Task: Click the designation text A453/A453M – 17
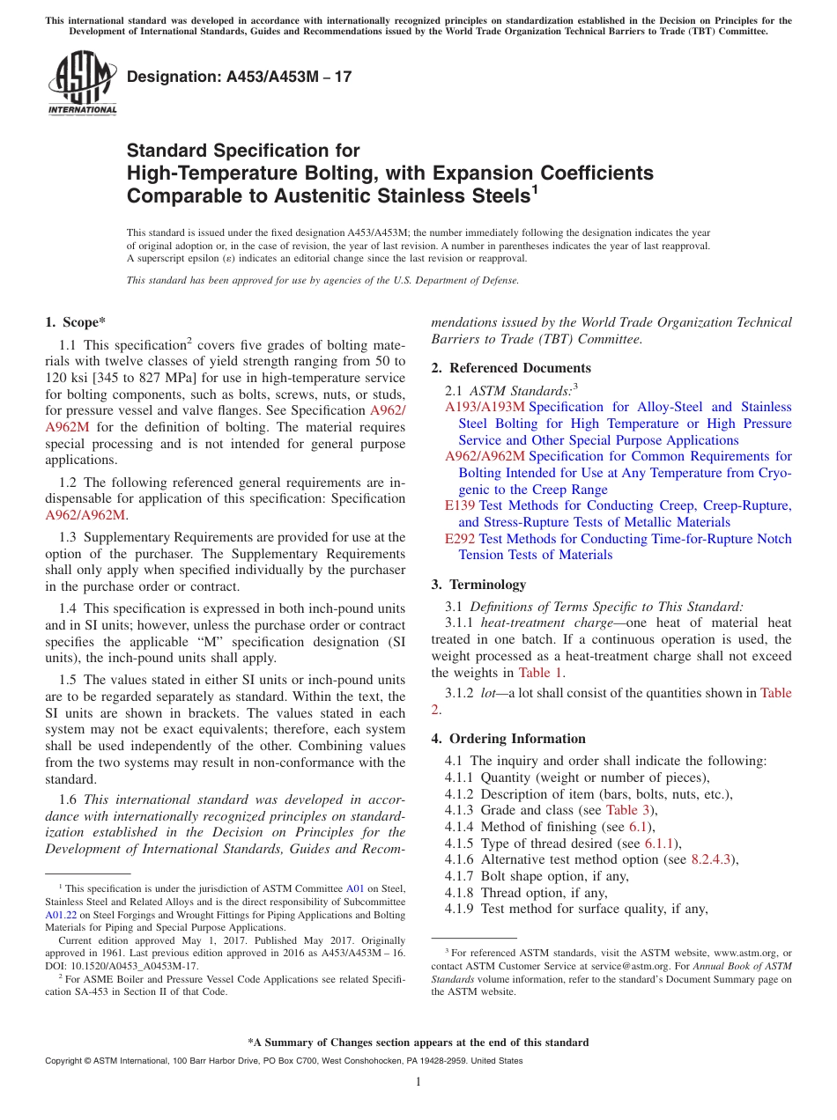(x=239, y=77)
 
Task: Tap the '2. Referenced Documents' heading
(x=511, y=368)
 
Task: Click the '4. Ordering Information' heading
(x=508, y=739)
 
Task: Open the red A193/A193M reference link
(x=485, y=407)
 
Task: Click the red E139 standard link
(x=460, y=505)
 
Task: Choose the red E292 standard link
(x=460, y=539)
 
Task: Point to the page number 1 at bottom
(x=418, y=1082)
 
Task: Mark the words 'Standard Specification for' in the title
(x=243, y=151)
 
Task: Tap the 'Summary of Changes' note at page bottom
(x=418, y=1043)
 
